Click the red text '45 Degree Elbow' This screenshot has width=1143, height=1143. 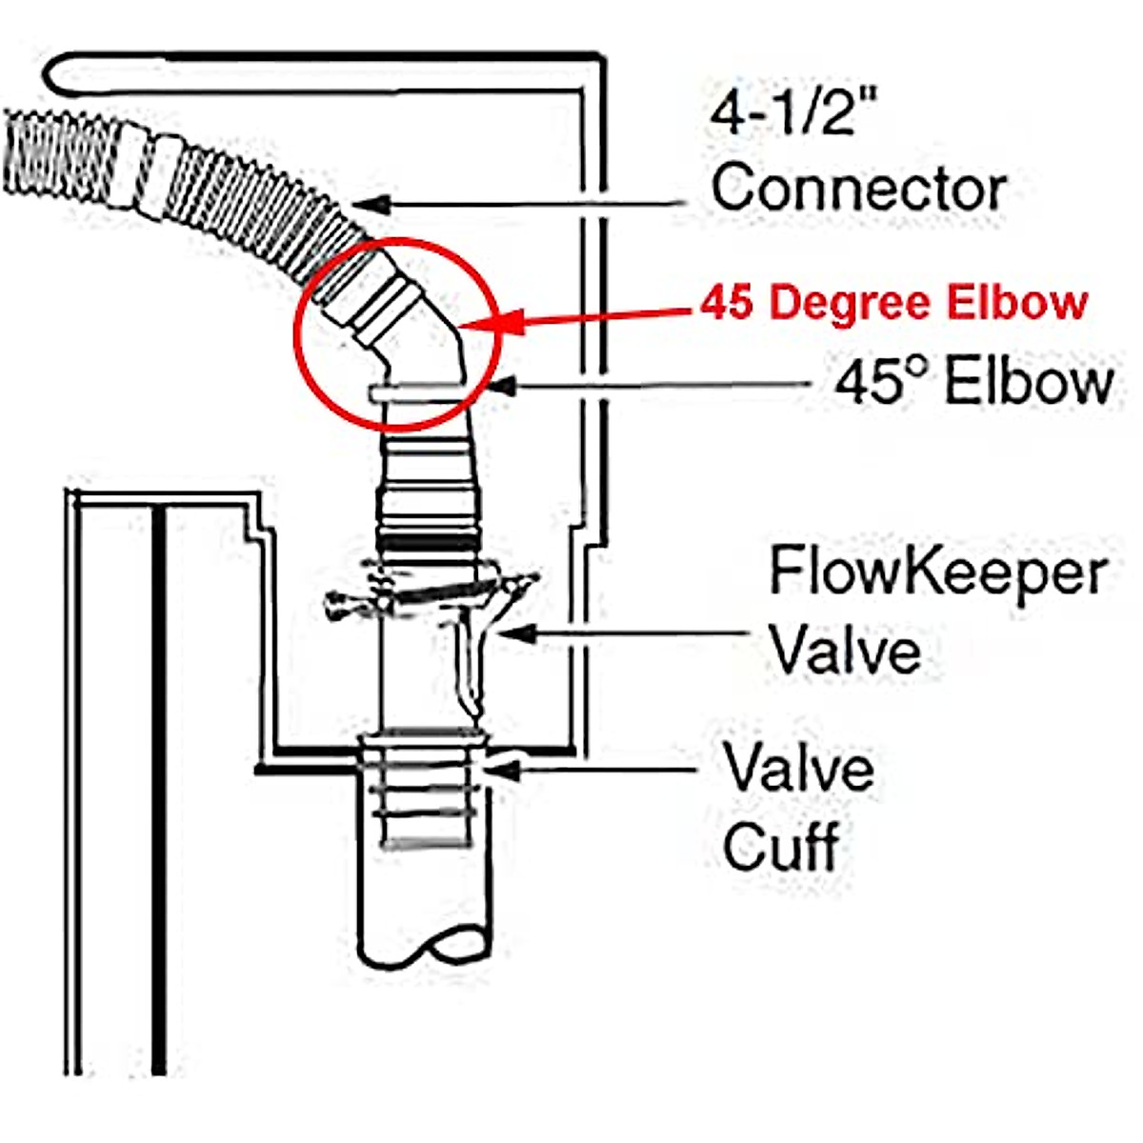(x=894, y=303)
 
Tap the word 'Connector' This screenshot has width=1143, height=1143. (x=858, y=188)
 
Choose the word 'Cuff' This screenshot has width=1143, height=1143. (x=780, y=845)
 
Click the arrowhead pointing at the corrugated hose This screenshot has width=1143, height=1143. (x=367, y=203)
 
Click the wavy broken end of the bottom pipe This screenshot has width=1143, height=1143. (x=428, y=948)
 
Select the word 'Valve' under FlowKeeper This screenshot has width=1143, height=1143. (x=845, y=651)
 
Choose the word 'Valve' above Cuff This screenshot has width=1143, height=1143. (x=798, y=769)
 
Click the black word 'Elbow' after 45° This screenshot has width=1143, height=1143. (x=1029, y=383)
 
